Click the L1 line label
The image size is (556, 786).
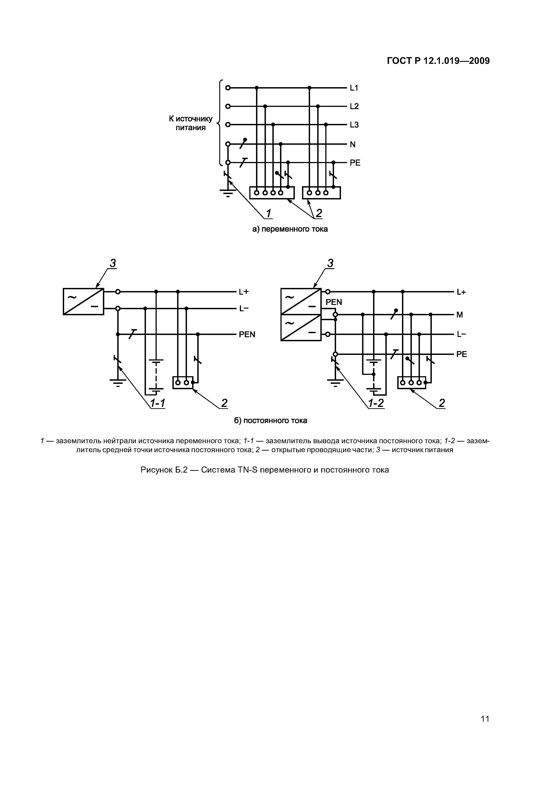pos(354,88)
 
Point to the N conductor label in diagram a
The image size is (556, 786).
pos(352,145)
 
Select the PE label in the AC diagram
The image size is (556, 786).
pos(355,163)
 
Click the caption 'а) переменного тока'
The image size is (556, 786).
pos(290,229)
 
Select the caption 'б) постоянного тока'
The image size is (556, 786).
pos(271,420)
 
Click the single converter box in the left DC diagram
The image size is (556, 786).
pos(83,301)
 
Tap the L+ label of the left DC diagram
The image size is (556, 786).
pos(244,292)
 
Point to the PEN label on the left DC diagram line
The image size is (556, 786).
pos(247,335)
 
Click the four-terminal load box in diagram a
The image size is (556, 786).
pos(272,193)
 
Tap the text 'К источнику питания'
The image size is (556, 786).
pos(191,123)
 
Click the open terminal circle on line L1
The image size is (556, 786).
pos(228,88)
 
